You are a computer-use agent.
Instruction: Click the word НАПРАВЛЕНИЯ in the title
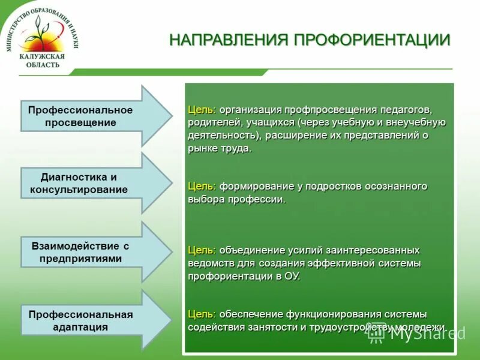[229, 40]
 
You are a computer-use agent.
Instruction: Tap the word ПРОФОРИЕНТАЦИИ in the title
[372, 40]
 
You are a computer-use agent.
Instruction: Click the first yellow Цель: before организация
[202, 110]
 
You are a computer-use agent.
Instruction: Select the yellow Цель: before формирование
[202, 187]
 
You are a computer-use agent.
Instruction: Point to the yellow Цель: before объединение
[202, 250]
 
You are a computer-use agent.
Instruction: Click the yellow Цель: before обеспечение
[202, 314]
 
